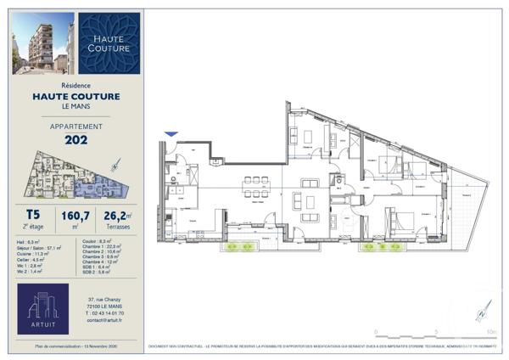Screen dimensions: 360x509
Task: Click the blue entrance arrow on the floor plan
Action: click(171, 134)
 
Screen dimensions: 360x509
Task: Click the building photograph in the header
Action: click(42, 42)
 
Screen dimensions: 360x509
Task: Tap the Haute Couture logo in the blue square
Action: click(109, 42)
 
